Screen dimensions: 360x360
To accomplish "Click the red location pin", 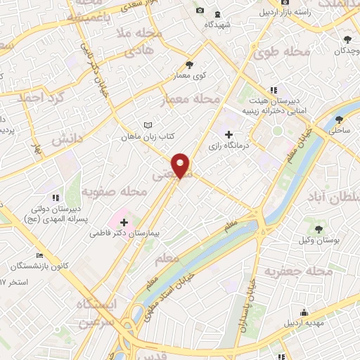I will coord(181,165).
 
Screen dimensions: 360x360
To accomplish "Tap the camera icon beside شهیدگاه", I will coord(200,11).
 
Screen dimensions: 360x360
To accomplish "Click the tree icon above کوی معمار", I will coord(188,65).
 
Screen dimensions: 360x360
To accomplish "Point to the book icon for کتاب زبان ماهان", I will coord(148,125).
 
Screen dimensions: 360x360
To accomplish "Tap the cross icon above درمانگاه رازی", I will coord(228,134).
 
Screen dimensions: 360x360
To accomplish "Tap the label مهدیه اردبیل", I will coord(304,323).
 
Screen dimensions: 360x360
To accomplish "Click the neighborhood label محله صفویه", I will coord(113,191).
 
